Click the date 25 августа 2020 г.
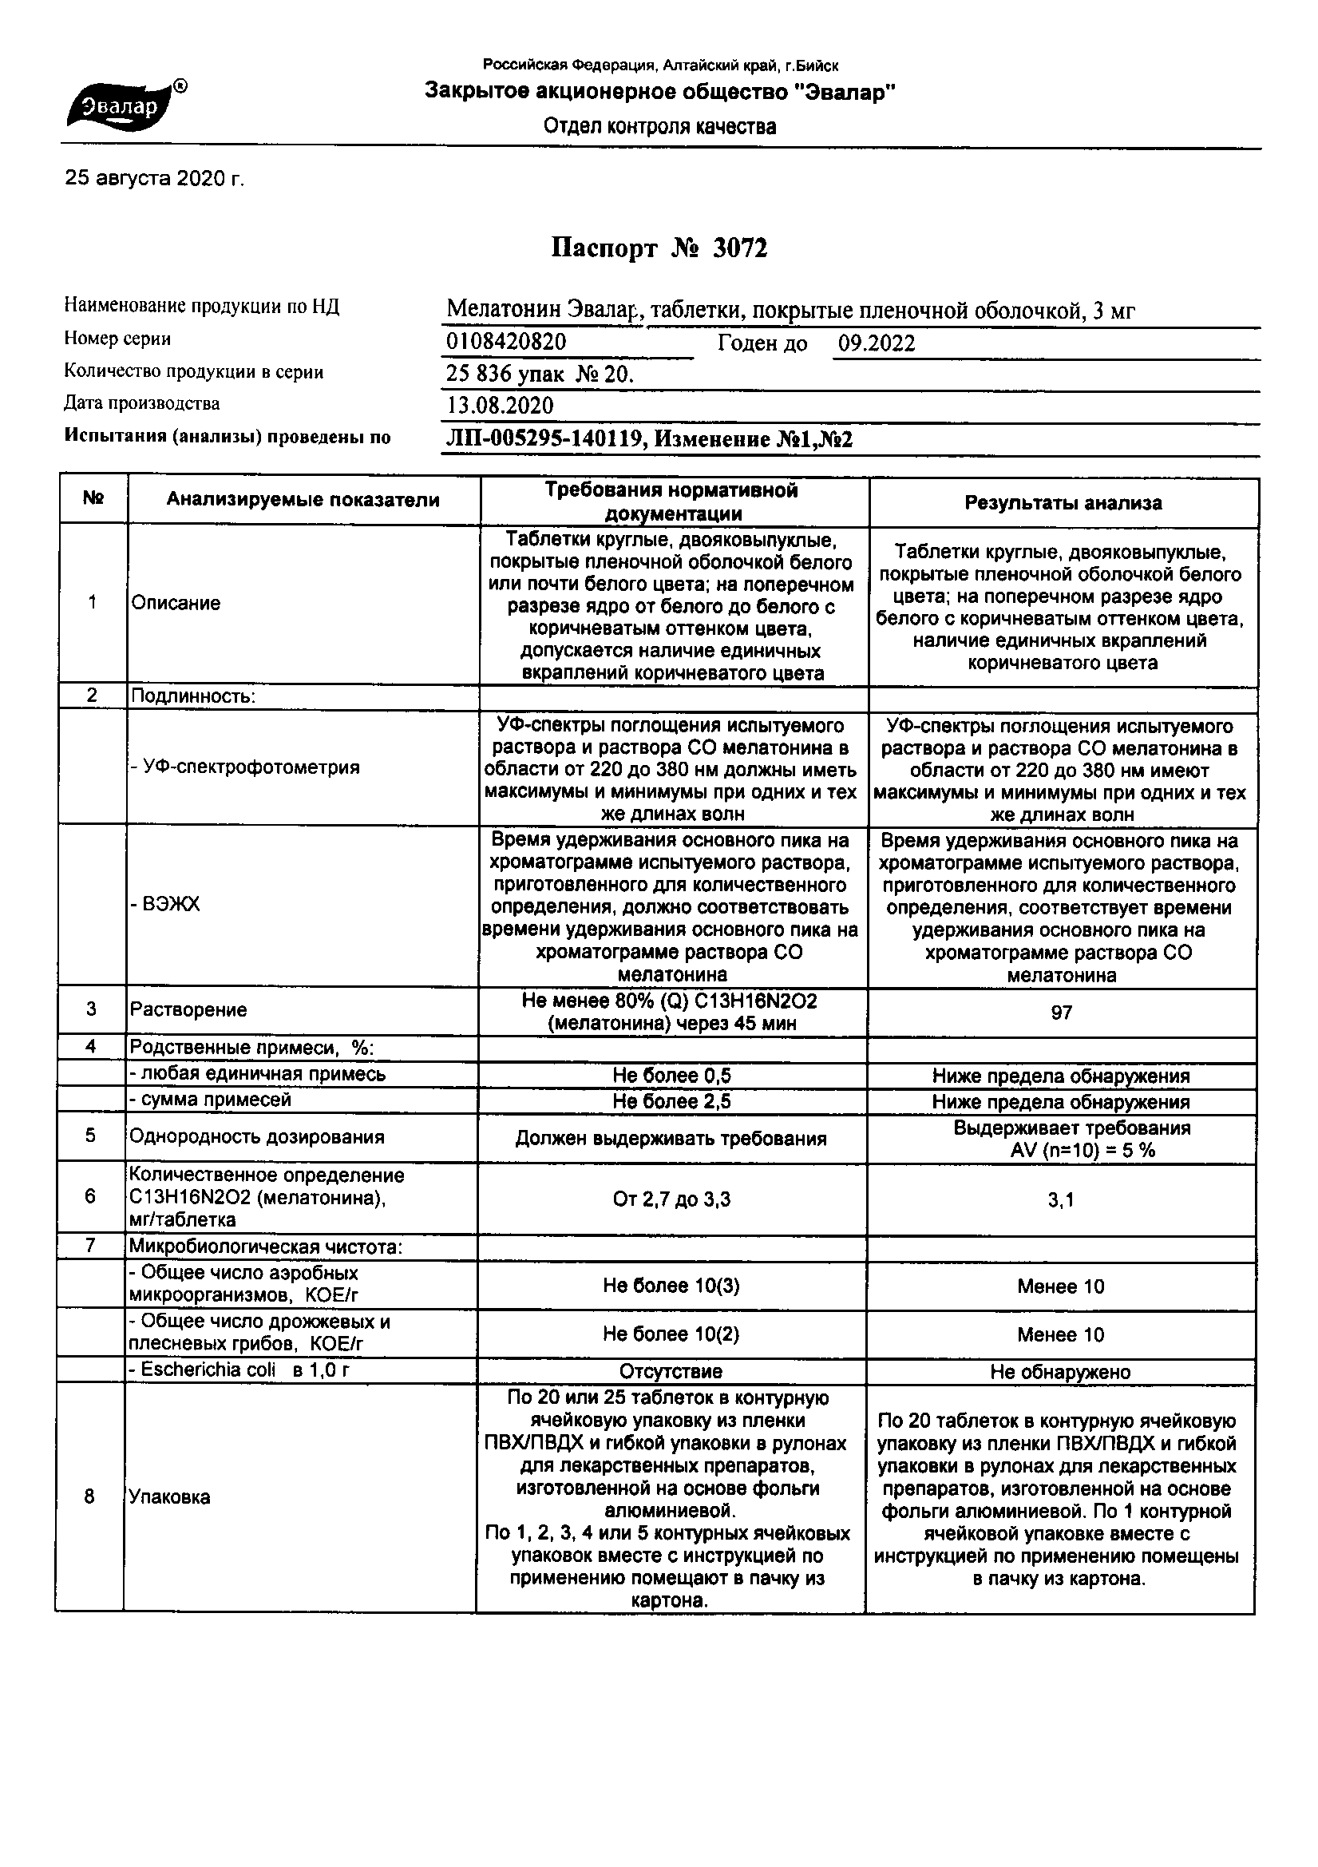pyautogui.click(x=155, y=178)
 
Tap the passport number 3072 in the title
pyautogui.click(x=740, y=248)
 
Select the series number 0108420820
pyautogui.click(x=506, y=343)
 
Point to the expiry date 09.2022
pyautogui.click(x=877, y=343)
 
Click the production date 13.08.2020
pyautogui.click(x=500, y=406)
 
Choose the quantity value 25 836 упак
pyautogui.click(x=505, y=374)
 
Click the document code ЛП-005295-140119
pyautogui.click(x=544, y=440)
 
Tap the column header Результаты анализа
pyautogui.click(x=1063, y=503)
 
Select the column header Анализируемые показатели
pyautogui.click(x=303, y=500)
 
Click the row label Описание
pyautogui.click(x=176, y=604)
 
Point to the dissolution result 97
pyautogui.click(x=1061, y=1013)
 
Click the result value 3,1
pyautogui.click(x=1061, y=1200)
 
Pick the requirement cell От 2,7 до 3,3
pyautogui.click(x=671, y=1199)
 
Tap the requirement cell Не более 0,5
pyautogui.click(x=671, y=1075)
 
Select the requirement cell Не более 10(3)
pyautogui.click(x=671, y=1286)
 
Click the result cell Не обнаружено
pyautogui.click(x=1060, y=1372)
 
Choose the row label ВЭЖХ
pyautogui.click(x=170, y=905)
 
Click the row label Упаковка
pyautogui.click(x=169, y=1497)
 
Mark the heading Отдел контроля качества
pyautogui.click(x=659, y=127)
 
